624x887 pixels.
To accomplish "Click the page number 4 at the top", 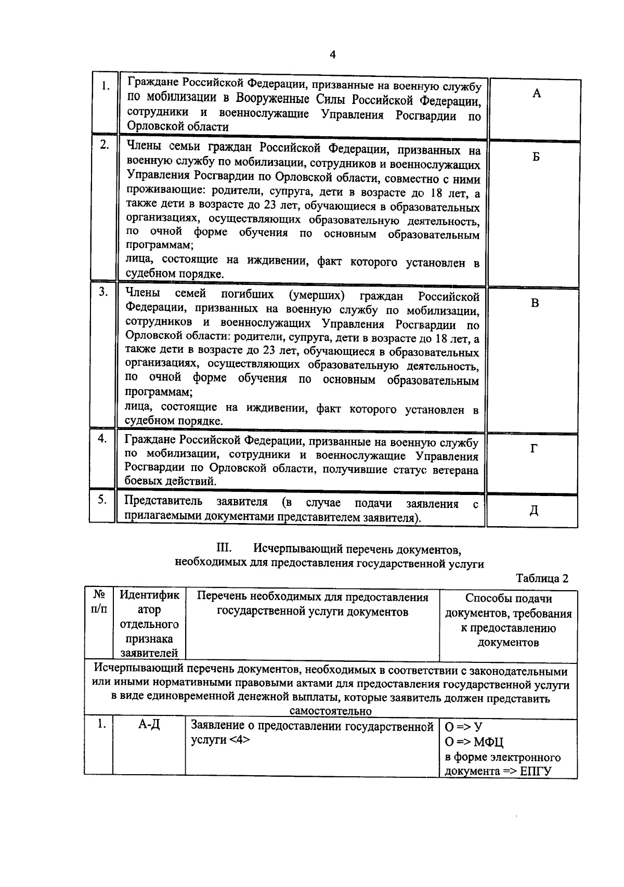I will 332,55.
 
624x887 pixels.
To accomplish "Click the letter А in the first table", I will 537,94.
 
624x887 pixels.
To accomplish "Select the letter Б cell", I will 536,158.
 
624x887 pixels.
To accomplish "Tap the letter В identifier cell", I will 535,303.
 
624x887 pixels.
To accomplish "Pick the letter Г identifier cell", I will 534,449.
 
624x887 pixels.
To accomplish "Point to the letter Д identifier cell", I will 534,511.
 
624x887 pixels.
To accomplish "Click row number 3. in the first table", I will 103,292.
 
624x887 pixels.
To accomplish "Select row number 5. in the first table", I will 102,500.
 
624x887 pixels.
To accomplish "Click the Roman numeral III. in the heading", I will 224,548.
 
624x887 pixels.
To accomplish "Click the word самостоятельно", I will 330,711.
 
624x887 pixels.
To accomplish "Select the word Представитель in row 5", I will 163,502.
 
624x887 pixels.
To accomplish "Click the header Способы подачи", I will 509,598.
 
